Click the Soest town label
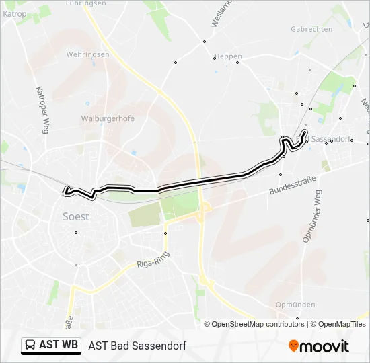tap(76, 217)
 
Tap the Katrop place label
tap(14, 14)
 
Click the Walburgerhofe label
tap(108, 118)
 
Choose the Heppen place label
tap(228, 57)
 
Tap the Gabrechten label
tap(311, 29)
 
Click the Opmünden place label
tap(295, 305)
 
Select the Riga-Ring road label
tap(152, 261)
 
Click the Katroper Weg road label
tap(40, 109)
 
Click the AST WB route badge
tap(51, 346)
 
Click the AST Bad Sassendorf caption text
tap(137, 346)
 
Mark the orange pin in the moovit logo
tap(293, 346)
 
